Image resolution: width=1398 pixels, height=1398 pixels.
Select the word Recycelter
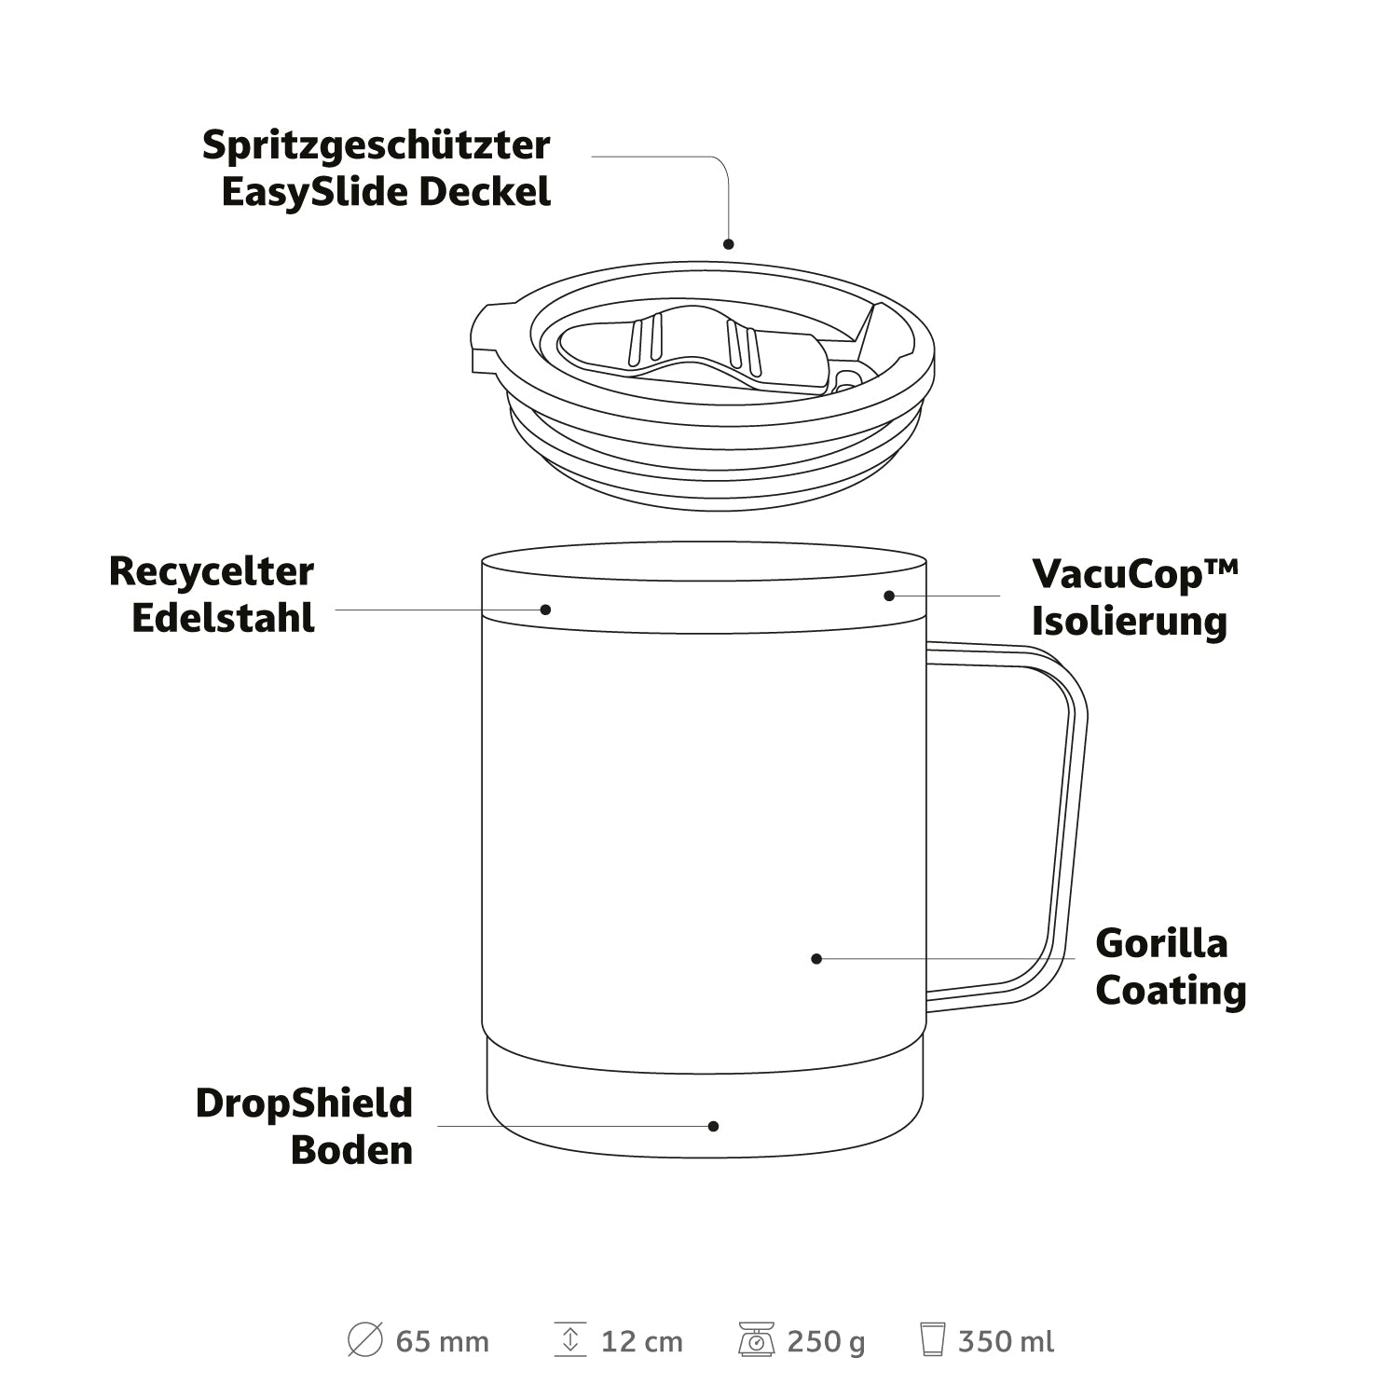(212, 572)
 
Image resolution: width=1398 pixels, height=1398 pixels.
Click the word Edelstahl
(224, 618)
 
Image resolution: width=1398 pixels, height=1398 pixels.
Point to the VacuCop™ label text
(1135, 575)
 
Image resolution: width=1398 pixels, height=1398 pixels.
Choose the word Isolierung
(1130, 621)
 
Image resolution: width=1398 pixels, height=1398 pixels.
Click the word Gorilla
(1161, 943)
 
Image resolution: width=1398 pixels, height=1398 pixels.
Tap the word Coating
(1171, 991)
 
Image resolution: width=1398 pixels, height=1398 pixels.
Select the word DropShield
(304, 1104)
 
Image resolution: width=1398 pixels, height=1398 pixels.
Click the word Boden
(351, 1150)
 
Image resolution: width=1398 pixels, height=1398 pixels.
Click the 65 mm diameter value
(443, 1342)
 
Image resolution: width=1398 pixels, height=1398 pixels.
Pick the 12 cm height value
(642, 1342)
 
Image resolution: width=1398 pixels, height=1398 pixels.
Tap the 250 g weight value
(826, 1342)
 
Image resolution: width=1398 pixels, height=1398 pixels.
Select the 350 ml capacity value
(1007, 1342)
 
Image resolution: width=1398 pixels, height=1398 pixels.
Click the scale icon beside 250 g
(757, 1340)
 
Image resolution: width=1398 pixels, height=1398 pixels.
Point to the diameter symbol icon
(364, 1340)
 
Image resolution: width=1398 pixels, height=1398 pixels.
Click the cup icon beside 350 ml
(932, 1340)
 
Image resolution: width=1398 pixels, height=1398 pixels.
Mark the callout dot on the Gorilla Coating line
(816, 958)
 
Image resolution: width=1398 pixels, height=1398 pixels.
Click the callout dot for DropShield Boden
(713, 1126)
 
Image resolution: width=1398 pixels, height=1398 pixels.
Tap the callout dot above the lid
(729, 244)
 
